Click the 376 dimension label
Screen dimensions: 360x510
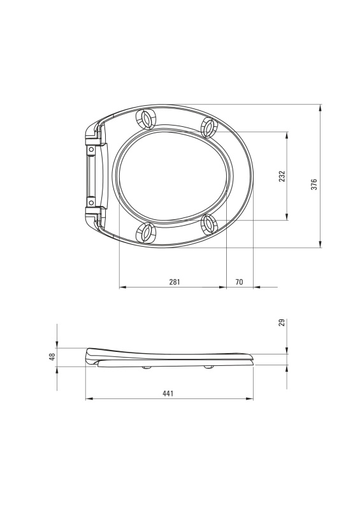314,184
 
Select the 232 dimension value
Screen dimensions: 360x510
282,176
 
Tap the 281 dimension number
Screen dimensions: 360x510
175,282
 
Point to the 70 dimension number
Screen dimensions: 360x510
239,282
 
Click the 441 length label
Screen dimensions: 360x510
168,393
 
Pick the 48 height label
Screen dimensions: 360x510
52,356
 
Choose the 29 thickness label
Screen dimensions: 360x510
282,323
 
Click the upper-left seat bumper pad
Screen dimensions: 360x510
146,119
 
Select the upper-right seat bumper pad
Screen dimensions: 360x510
208,127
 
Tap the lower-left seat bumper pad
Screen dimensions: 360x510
146,233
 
